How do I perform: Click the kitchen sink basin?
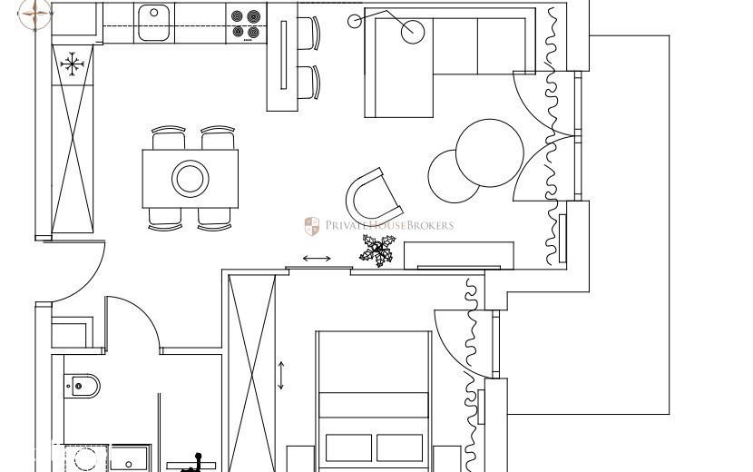(153, 23)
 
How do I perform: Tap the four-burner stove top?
(246, 25)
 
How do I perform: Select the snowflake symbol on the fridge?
(72, 64)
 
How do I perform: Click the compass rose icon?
(35, 14)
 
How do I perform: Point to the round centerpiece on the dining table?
(191, 178)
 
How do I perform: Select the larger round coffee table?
(489, 152)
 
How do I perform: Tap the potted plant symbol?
(378, 251)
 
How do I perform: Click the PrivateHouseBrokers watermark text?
(389, 225)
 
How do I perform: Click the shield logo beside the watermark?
(312, 226)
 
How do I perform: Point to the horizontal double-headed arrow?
(317, 259)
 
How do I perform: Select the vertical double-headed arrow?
(281, 376)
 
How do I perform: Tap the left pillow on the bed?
(348, 448)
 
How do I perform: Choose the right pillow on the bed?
(399, 448)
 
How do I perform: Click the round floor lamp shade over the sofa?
(413, 32)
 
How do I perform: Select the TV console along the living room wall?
(459, 256)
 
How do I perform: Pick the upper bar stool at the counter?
(308, 34)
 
